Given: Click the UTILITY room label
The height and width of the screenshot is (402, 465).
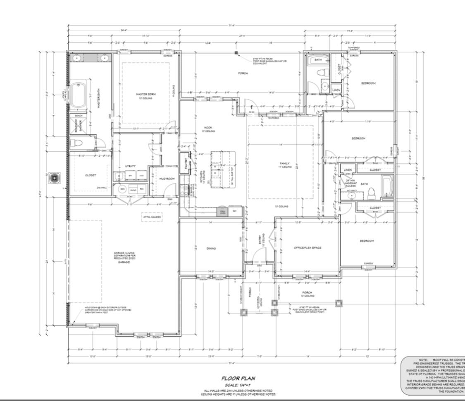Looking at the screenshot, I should [130, 166].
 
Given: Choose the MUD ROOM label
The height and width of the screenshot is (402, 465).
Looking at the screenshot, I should [166, 179].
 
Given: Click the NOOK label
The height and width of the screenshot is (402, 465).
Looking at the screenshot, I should [208, 129].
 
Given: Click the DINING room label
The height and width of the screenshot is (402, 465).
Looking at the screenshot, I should [211, 248].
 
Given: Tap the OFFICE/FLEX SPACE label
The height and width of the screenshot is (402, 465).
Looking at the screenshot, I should [307, 248].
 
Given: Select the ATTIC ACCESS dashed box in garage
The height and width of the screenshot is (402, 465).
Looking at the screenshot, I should [152, 217].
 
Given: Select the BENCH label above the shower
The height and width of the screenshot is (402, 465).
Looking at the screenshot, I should [78, 116].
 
